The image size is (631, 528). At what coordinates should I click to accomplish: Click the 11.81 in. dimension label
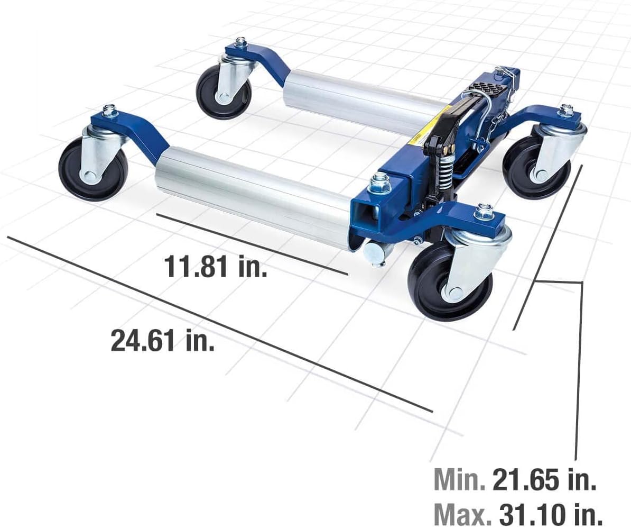click(216, 266)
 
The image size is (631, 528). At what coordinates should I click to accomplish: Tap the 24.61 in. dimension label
click(163, 340)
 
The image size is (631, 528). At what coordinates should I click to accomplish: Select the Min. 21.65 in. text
click(515, 480)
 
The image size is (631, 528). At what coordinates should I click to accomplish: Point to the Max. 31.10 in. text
click(517, 513)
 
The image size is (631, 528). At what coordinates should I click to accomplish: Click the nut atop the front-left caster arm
click(109, 111)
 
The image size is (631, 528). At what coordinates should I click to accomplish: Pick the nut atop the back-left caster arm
click(241, 42)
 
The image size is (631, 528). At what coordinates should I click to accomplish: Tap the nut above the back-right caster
click(566, 110)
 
